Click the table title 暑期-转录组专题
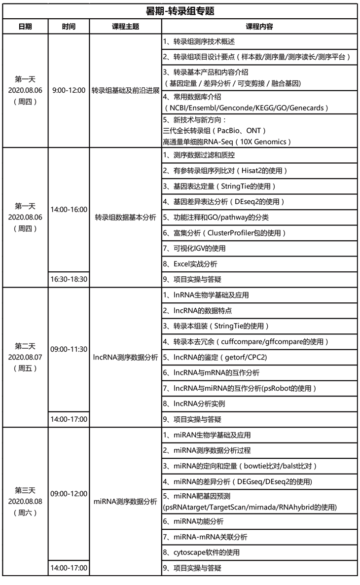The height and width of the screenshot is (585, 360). click(x=180, y=11)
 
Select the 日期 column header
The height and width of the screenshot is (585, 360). click(x=25, y=27)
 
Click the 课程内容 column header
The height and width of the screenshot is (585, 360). click(x=259, y=27)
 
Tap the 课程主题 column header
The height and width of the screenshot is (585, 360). click(x=125, y=27)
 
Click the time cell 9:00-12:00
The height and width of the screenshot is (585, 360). click(x=69, y=91)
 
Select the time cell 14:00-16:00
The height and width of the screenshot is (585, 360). click(x=69, y=209)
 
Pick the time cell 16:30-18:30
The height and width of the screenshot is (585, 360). click(x=69, y=279)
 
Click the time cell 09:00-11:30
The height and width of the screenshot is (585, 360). click(x=69, y=350)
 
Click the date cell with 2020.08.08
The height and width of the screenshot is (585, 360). click(x=25, y=501)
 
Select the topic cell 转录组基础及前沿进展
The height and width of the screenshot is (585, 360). click(x=125, y=91)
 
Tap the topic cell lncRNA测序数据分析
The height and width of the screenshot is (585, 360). click(x=125, y=357)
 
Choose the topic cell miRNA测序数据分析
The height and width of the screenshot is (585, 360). click(x=125, y=501)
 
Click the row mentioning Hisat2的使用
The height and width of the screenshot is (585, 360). click(x=259, y=171)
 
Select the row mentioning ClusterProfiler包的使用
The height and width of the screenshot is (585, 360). click(x=259, y=233)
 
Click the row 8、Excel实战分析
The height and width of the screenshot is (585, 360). click(x=259, y=264)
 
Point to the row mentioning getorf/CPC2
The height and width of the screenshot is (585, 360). click(x=259, y=357)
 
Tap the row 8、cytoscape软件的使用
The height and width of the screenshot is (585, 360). click(x=259, y=552)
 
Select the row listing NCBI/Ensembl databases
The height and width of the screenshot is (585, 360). click(x=259, y=103)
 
